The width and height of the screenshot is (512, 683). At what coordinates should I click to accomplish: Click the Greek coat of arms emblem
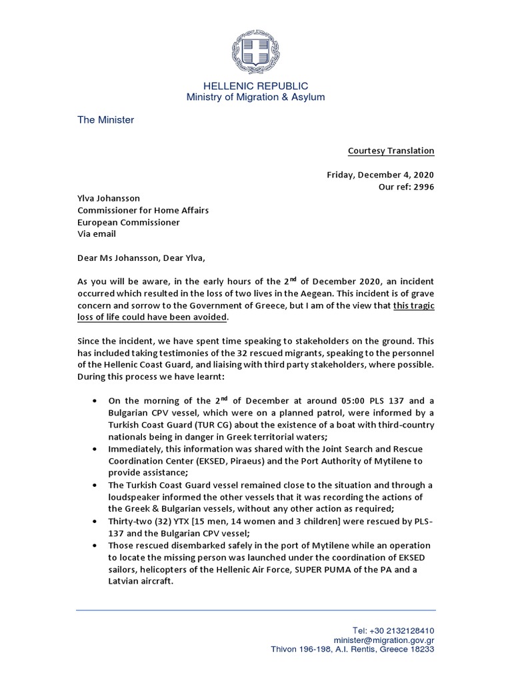coord(256,48)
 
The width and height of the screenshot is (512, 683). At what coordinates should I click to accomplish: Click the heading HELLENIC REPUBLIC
coord(255,86)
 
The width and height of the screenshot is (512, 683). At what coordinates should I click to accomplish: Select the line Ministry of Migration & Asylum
coord(255,97)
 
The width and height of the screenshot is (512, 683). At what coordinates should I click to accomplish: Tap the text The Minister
coord(105,120)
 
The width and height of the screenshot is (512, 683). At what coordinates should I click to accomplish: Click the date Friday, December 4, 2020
coord(380,175)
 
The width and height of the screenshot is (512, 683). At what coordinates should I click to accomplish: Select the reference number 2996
coord(423,187)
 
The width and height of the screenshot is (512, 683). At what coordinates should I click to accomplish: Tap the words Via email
coord(97,234)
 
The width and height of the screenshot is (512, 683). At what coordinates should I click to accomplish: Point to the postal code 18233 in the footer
coord(421,649)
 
